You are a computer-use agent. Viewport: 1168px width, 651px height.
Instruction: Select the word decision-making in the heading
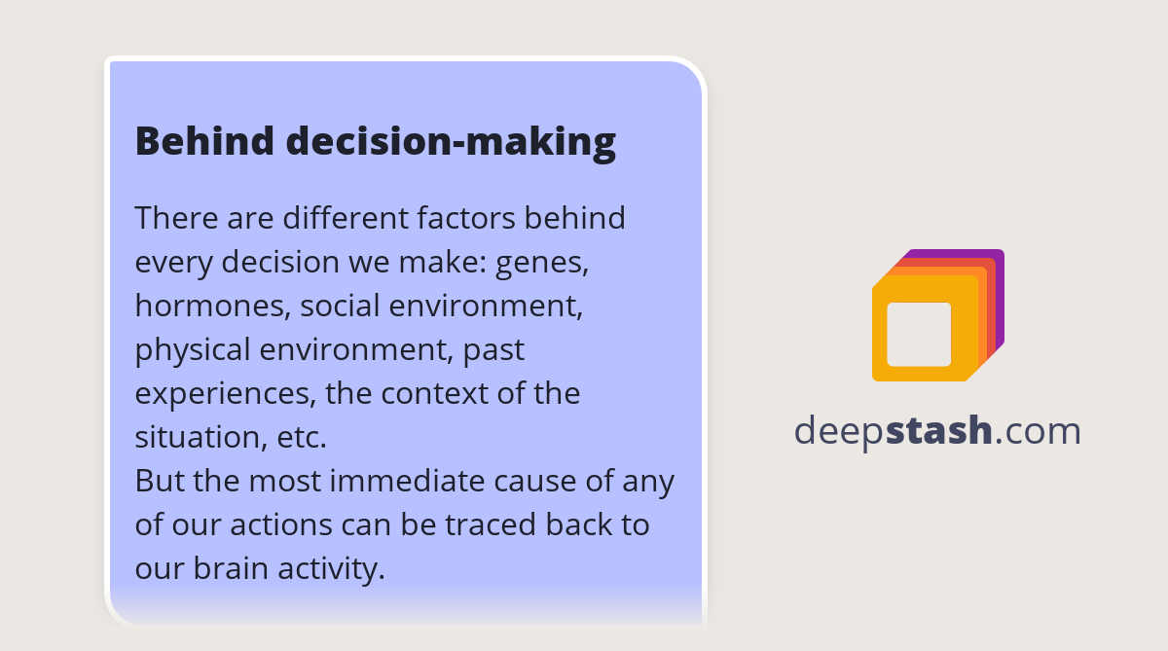[x=451, y=142]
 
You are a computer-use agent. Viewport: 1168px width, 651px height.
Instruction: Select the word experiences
[x=225, y=393]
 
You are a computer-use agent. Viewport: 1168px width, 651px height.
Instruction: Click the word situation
[x=196, y=437]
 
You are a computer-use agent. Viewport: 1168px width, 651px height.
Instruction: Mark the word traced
[x=490, y=524]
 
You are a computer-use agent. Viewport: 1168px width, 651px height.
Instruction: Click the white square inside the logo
[x=919, y=334]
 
